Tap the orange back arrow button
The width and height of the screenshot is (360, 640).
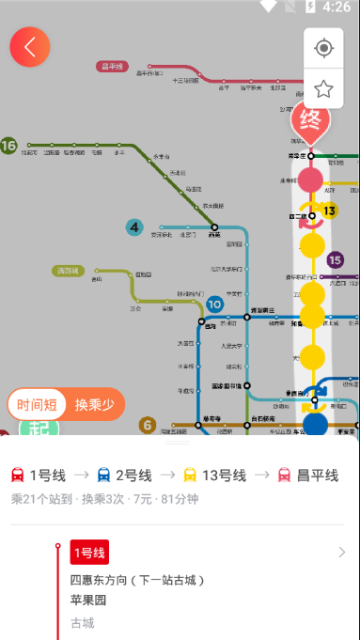30,47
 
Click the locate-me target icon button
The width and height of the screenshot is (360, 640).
323,48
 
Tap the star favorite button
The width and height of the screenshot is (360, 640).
323,88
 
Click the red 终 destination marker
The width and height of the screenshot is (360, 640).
310,121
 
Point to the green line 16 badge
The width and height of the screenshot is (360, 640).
9,146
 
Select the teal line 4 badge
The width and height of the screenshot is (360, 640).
135,226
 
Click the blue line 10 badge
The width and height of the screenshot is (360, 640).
215,304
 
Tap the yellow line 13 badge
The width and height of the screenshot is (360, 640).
329,211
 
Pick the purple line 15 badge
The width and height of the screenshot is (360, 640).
336,259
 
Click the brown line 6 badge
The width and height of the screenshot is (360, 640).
147,425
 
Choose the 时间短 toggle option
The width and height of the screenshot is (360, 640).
37,405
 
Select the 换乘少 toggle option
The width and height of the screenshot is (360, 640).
95,405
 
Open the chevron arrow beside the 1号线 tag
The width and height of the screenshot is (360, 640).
341,553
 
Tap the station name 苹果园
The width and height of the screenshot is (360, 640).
88,601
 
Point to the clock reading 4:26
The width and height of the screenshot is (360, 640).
336,8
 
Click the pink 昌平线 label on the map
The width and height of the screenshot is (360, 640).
114,66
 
